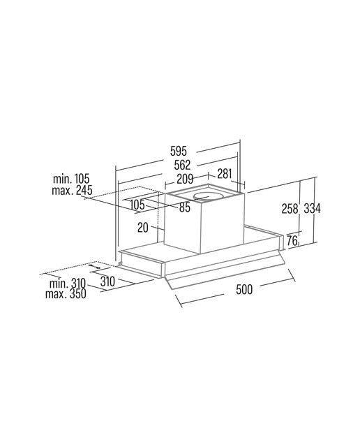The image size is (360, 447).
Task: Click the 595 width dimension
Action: pyautogui.click(x=179, y=151)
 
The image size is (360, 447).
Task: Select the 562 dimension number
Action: pyautogui.click(x=182, y=165)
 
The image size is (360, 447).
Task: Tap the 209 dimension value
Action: pyautogui.click(x=185, y=179)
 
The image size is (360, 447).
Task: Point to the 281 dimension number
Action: pyautogui.click(x=225, y=174)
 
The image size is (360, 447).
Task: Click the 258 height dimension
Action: pyautogui.click(x=290, y=208)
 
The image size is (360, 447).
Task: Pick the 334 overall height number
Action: pyautogui.click(x=312, y=208)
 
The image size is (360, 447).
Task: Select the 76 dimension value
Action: pyautogui.click(x=292, y=241)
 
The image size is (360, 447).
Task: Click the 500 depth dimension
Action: pyautogui.click(x=244, y=289)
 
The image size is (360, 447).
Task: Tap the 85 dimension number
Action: pyautogui.click(x=185, y=207)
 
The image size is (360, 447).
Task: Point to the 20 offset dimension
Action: pyautogui.click(x=143, y=228)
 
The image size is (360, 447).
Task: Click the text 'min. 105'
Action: pyautogui.click(x=71, y=179)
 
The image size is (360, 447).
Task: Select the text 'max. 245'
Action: pyautogui.click(x=72, y=190)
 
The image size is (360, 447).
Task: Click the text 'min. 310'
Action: pyautogui.click(x=68, y=284)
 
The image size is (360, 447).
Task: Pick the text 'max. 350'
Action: pyautogui.click(x=66, y=293)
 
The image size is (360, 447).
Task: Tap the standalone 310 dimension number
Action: pyautogui.click(x=107, y=281)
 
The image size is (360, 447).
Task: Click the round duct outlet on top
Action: pyautogui.click(x=208, y=196)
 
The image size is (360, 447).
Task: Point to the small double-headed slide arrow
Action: pyautogui.click(x=94, y=266)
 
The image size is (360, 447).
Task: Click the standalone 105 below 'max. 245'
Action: pyautogui.click(x=137, y=204)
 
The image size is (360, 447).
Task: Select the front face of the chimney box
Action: pyautogui.click(x=223, y=224)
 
